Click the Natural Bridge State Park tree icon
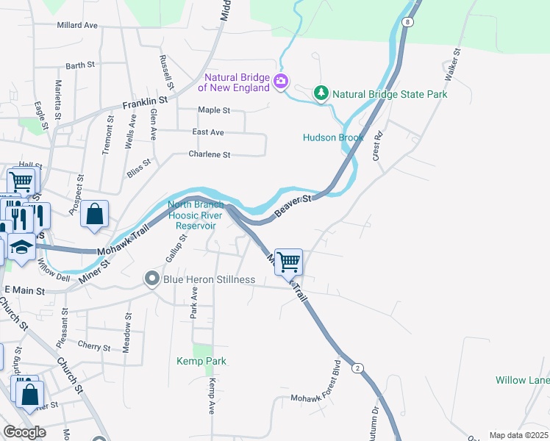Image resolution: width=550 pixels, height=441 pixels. (321, 93)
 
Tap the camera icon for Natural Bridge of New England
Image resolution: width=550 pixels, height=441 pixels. (280, 81)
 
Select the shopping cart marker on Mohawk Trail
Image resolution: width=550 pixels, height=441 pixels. (289, 261)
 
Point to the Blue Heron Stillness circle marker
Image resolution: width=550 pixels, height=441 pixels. (152, 279)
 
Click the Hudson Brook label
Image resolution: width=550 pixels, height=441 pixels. (334, 137)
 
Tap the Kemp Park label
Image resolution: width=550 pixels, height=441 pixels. (201, 361)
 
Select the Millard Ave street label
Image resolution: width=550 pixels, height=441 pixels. (77, 25)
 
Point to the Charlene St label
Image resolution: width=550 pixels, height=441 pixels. (210, 155)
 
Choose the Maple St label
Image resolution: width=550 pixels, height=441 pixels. (214, 110)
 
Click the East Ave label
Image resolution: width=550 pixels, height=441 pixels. (207, 132)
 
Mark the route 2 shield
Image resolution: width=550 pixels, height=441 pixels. (357, 367)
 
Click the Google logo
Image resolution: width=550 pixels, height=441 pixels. (24, 432)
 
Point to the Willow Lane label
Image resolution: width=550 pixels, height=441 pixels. (522, 380)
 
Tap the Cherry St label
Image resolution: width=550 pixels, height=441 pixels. (93, 346)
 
